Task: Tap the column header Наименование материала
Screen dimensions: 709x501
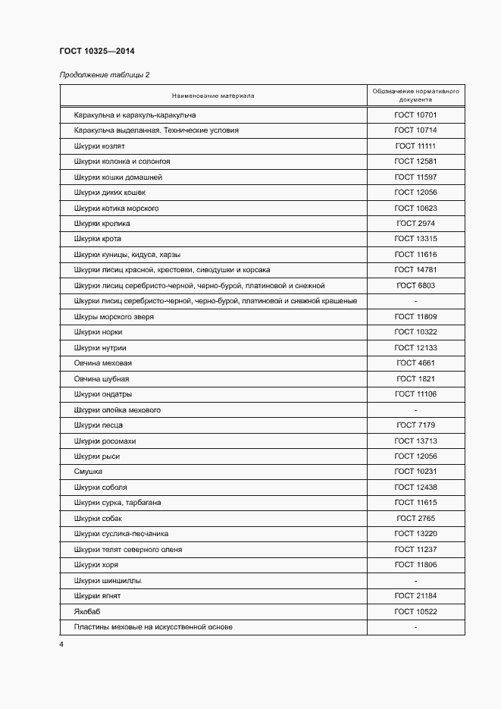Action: pos(213,96)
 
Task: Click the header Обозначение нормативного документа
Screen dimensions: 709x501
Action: pos(415,96)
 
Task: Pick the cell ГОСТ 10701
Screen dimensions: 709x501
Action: pos(415,115)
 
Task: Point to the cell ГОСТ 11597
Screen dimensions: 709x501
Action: pos(415,177)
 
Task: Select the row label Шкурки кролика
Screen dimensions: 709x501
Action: pos(102,224)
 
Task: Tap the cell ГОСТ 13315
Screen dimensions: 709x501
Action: pos(415,239)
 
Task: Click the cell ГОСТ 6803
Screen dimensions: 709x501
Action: pos(415,286)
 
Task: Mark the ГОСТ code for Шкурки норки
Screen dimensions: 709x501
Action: pos(415,332)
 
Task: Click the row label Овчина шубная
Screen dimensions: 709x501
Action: pos(102,378)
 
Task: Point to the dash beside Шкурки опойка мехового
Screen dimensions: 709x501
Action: pos(415,410)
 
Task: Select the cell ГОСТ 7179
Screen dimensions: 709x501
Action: pos(415,425)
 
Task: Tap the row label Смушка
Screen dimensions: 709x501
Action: pos(88,472)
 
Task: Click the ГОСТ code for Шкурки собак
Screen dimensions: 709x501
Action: pos(415,519)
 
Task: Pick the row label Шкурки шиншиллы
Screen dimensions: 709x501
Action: pos(108,581)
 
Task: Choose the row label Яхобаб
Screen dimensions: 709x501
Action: pos(87,612)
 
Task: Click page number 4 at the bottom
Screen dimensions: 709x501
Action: pos(61,645)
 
